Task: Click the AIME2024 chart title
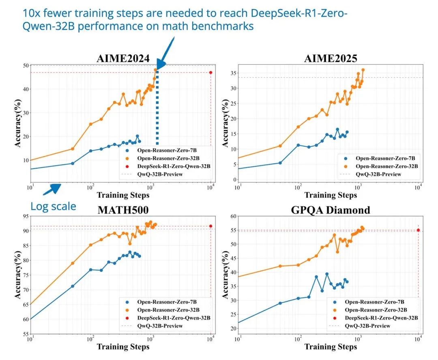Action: tap(123, 58)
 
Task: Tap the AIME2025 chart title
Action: tap(331, 58)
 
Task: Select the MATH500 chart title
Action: tap(123, 210)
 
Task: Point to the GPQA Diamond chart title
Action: tap(331, 210)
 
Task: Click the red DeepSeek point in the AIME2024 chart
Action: tap(210, 73)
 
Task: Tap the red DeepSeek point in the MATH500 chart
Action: tap(210, 226)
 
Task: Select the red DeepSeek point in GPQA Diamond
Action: tap(418, 230)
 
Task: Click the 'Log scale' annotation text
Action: tap(53, 206)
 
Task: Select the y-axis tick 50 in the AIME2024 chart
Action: tap(25, 65)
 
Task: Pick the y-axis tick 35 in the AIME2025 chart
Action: tap(233, 73)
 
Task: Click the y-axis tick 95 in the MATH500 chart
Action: tap(25, 216)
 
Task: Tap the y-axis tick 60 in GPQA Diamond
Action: tap(233, 216)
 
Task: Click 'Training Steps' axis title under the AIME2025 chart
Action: tap(331, 195)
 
